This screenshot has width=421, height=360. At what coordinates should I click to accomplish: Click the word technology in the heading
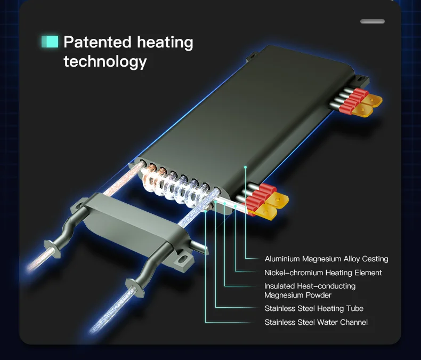[105, 61]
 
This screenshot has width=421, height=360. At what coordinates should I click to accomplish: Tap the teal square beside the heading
[50, 42]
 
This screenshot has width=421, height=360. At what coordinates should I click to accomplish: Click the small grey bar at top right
[372, 21]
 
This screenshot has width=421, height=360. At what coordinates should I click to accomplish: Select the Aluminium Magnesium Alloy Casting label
[326, 259]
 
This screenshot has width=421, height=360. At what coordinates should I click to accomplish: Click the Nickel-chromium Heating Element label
[323, 273]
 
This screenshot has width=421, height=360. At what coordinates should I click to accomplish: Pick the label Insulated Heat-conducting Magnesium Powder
[310, 291]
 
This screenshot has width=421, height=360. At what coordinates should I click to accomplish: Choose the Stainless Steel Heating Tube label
[314, 308]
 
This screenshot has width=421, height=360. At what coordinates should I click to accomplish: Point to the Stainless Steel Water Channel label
[316, 322]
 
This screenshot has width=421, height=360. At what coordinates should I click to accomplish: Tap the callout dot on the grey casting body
[245, 167]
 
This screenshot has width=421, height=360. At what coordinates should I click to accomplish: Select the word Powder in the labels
[319, 295]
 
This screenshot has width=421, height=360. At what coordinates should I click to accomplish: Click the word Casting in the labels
[375, 259]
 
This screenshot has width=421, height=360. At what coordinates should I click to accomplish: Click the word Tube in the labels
[355, 308]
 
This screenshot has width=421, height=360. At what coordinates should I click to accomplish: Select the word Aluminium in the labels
[282, 259]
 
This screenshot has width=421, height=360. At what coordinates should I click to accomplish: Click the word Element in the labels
[369, 273]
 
